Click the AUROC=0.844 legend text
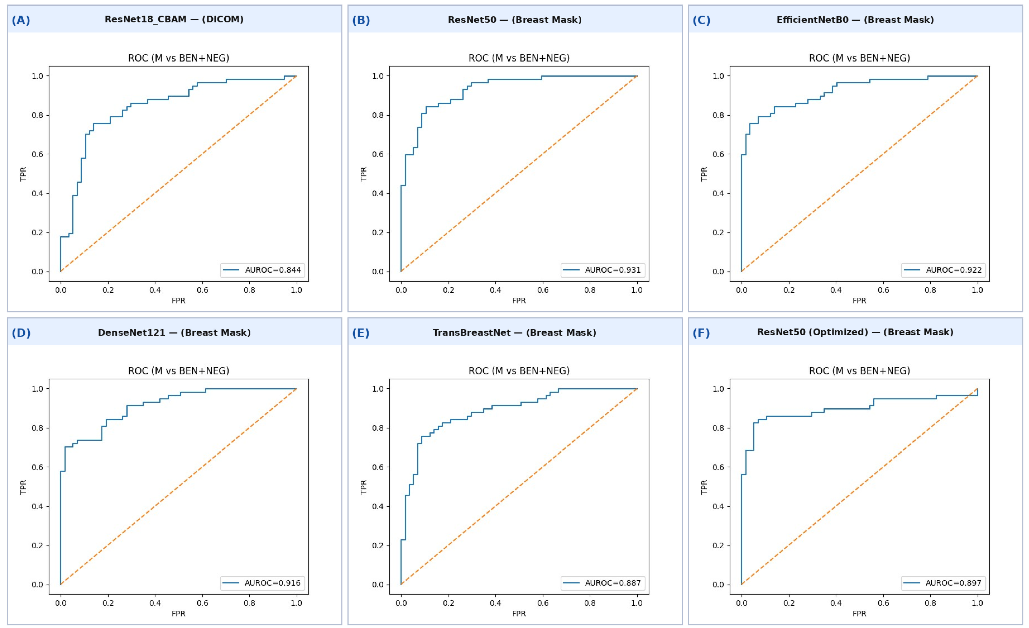click(273, 270)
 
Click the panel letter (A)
click(21, 20)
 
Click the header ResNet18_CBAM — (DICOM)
click(174, 20)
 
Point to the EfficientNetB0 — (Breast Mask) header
click(855, 20)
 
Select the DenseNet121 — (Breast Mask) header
click(174, 332)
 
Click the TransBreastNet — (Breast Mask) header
click(514, 332)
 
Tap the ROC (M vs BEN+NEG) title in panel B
click(519, 58)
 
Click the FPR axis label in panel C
click(859, 300)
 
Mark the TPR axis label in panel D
click(23, 487)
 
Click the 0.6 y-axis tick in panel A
click(38, 154)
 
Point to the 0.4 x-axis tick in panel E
click(496, 603)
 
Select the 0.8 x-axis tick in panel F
click(930, 603)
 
